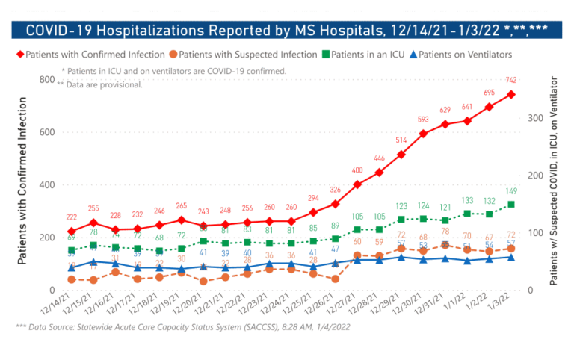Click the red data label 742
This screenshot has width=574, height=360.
[510, 80]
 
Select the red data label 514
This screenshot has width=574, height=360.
[401, 140]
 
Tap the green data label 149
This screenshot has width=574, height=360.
[511, 190]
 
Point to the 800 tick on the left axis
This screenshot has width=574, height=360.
[46, 80]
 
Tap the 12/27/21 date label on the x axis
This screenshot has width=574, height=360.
[348, 305]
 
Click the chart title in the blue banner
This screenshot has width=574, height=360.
[286, 31]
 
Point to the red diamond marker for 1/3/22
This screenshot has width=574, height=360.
[511, 94]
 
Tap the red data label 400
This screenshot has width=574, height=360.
[357, 170]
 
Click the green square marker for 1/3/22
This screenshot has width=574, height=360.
[511, 204]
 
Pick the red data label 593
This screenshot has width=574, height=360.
[423, 119]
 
